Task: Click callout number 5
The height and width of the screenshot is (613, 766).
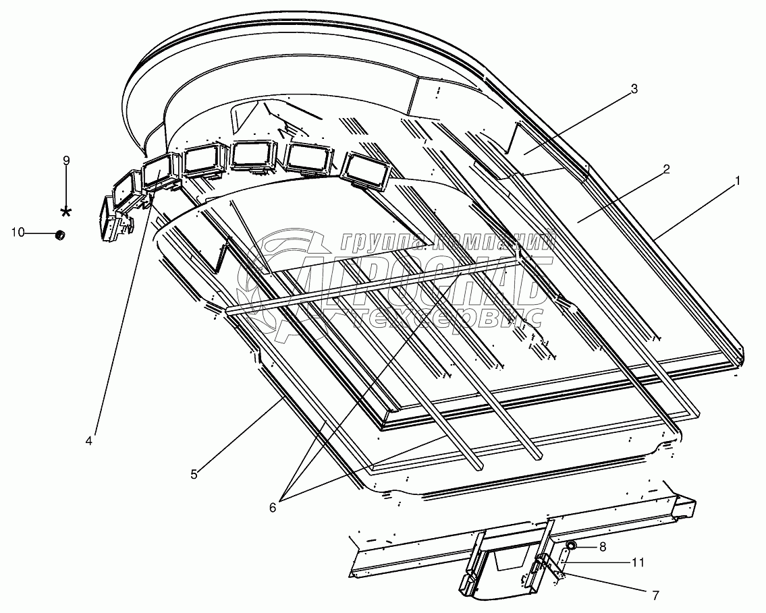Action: point(194,474)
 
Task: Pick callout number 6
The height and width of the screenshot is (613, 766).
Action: point(273,508)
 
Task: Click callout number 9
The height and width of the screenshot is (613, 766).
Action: point(66,160)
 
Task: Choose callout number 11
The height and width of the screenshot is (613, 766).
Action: point(637,561)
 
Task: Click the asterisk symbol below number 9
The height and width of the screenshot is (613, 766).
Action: point(66,212)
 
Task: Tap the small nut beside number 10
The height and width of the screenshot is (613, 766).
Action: point(59,235)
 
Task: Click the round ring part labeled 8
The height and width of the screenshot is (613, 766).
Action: point(571,545)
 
